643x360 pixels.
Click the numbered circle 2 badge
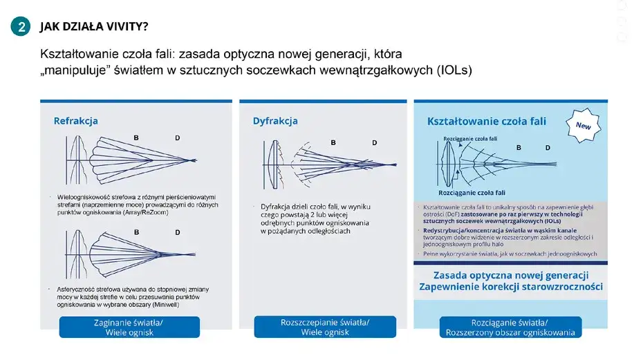[21, 27]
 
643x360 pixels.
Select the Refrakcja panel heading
[76, 121]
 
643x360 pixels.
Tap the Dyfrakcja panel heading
[275, 121]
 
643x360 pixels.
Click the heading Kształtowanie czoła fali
[487, 121]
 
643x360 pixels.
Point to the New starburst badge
[583, 126]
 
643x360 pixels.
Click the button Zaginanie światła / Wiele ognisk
[129, 327]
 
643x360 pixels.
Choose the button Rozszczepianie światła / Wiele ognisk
[325, 327]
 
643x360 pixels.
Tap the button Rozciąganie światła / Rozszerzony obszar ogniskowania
[510, 327]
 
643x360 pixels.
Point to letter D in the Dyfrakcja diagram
[375, 143]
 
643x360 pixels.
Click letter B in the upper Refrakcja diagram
[136, 138]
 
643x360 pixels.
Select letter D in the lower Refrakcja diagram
[178, 232]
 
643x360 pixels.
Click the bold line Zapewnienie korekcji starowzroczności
[510, 287]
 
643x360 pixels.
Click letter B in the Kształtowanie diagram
[520, 148]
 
